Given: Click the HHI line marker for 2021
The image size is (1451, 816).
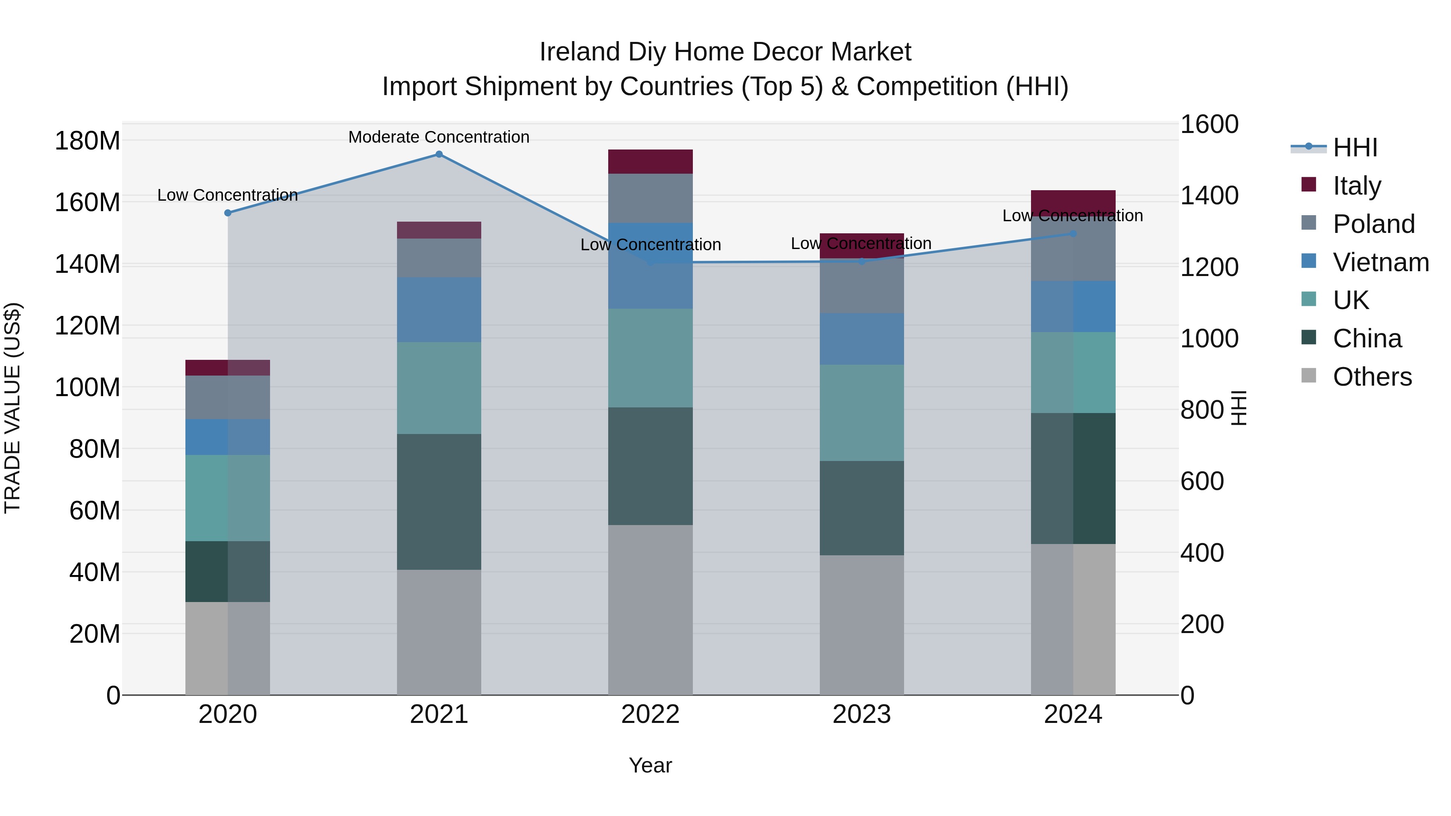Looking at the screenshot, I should tap(439, 154).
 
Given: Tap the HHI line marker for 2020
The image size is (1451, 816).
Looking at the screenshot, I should tap(228, 213).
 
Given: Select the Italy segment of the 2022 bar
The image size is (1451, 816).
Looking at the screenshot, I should tap(650, 162).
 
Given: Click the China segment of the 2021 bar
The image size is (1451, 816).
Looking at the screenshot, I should tap(439, 501).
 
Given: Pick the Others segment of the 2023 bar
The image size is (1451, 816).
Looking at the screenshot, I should tap(861, 625).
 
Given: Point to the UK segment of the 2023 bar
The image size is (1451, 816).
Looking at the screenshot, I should tap(861, 412).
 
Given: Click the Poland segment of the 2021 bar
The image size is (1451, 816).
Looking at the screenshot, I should tap(439, 257).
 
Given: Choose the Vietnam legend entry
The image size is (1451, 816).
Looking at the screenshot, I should tap(1380, 262).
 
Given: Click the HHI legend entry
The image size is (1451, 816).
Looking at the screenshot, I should tap(1355, 147).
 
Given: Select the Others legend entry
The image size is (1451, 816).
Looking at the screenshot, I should tap(1372, 377).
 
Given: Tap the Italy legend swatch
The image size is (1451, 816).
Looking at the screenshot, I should tap(1308, 185).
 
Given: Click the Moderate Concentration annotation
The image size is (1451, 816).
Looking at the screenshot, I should tap(439, 137).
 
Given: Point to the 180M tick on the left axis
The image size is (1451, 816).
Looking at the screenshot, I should tap(87, 140).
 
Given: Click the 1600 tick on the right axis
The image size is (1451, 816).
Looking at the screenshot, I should tap(1209, 125).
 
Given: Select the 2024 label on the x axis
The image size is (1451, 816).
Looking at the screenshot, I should tap(1073, 714).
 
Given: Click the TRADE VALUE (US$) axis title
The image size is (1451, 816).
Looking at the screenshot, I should tap(12, 408).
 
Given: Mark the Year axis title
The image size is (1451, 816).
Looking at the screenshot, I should tap(650, 765).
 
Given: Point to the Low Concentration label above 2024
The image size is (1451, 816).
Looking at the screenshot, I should tap(1073, 216).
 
